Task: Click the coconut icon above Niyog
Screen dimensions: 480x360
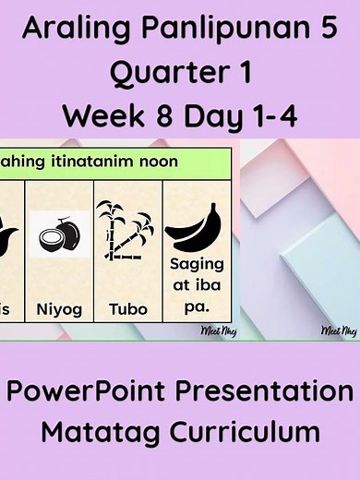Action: [58, 235]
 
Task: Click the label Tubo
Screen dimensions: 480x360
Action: [126, 308]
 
